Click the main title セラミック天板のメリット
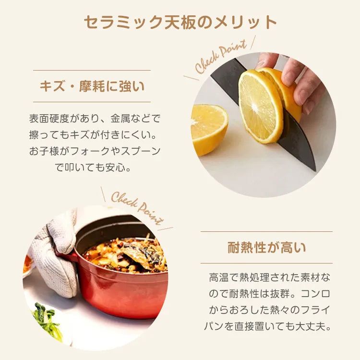click(x=180, y=22)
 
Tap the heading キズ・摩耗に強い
click(x=92, y=86)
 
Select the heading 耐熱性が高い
click(x=266, y=248)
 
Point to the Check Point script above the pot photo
click(x=138, y=208)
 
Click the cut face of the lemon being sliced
click(x=260, y=106)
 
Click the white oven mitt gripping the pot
click(x=55, y=255)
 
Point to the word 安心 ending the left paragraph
click(x=116, y=168)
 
